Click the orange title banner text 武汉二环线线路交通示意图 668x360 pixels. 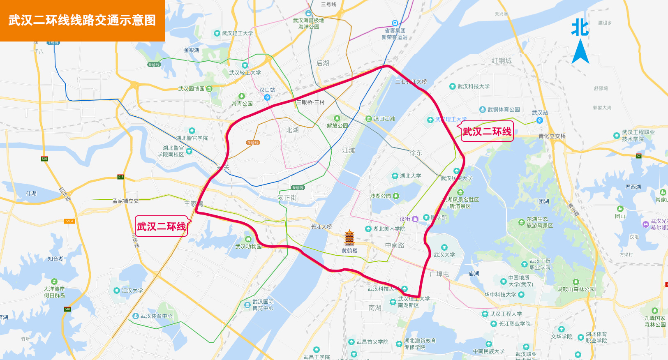click(82, 20)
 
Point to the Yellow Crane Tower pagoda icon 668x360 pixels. click(349, 238)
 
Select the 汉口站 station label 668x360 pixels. click(267, 90)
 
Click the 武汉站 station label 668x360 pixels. click(540, 113)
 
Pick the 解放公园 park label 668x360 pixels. click(337, 126)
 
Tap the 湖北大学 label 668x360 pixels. click(410, 176)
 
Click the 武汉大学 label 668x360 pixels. click(444, 255)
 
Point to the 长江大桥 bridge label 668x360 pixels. click(321, 227)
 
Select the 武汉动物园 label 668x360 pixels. click(248, 247)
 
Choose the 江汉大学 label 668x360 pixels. click(132, 291)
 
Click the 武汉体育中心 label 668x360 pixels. click(156, 316)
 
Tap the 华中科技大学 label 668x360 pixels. click(500, 295)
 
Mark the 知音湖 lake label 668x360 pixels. click(55, 259)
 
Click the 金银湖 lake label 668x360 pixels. click(192, 50)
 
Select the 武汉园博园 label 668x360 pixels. click(191, 89)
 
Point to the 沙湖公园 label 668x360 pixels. click(381, 196)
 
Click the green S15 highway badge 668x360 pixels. click(120, 177)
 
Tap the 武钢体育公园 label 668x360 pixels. click(503, 110)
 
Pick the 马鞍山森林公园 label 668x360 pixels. click(576, 289)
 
